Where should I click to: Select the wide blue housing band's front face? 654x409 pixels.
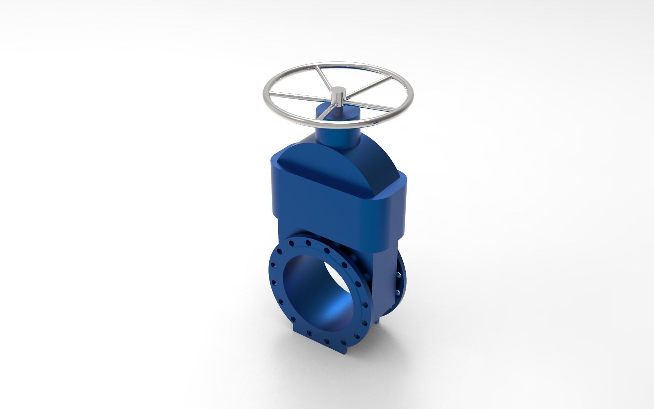(327, 208)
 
